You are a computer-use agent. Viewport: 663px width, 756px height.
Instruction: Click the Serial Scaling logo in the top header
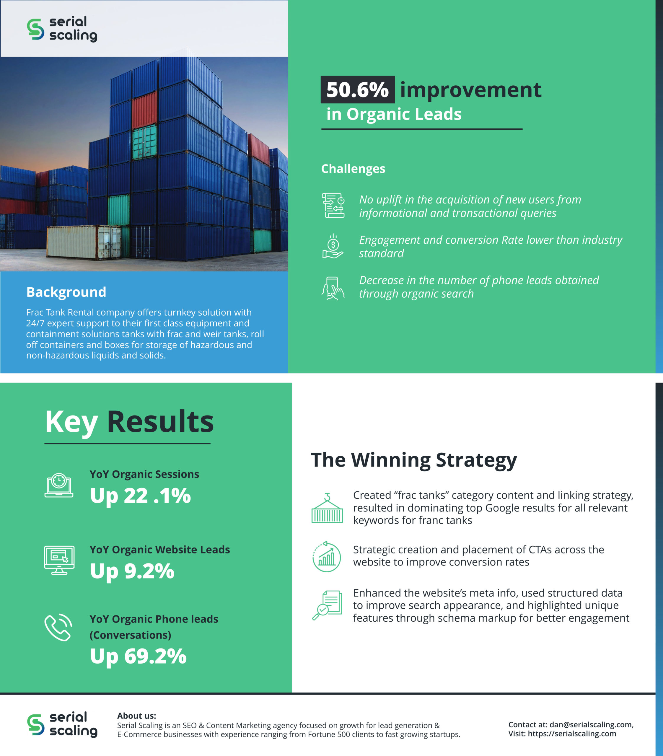click(62, 29)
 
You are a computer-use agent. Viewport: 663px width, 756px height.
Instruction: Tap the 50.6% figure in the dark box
click(357, 89)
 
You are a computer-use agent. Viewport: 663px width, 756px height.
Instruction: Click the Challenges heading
click(353, 169)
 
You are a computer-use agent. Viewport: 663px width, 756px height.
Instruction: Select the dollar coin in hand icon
click(333, 246)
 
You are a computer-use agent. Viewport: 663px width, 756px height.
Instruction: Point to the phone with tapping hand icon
click(333, 288)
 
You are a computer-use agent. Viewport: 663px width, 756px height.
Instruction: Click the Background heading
click(66, 292)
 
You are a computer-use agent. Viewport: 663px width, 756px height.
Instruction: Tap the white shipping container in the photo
click(84, 242)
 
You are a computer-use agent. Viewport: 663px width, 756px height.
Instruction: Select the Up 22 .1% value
click(141, 496)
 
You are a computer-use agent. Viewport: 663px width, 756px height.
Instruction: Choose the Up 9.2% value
click(132, 572)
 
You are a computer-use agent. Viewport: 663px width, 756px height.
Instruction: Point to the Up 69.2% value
click(139, 657)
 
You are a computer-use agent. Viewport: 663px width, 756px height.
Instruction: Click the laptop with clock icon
click(59, 485)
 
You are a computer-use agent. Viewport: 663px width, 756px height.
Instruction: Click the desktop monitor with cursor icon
click(59, 560)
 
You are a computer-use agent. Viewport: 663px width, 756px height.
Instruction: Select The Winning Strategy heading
click(414, 460)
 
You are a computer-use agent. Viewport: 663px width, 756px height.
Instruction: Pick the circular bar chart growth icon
click(326, 557)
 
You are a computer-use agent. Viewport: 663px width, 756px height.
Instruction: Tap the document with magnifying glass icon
click(327, 605)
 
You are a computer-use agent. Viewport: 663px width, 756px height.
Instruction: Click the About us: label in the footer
click(136, 716)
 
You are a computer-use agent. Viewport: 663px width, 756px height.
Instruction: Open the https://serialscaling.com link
click(572, 734)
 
